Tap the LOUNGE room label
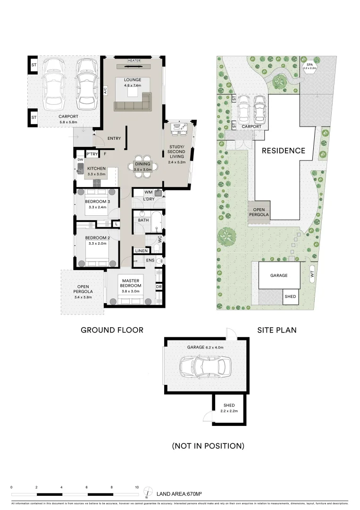click(133, 80)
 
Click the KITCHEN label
click(96, 169)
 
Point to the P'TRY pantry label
click(91, 154)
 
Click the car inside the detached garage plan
click(205, 365)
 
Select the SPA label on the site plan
click(310, 64)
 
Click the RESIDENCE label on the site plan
click(284, 151)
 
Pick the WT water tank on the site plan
click(312, 273)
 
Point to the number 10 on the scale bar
click(137, 487)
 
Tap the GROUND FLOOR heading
click(112, 330)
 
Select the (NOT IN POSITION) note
click(208, 445)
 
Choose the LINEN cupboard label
click(141, 251)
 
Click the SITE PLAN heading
click(277, 330)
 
